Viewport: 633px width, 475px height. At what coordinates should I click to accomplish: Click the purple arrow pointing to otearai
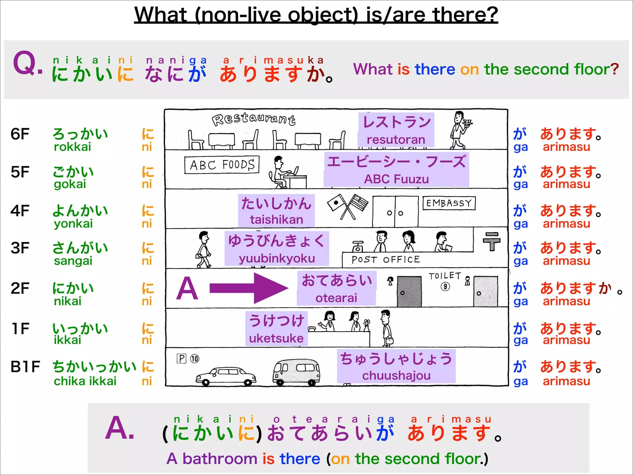tap(249, 288)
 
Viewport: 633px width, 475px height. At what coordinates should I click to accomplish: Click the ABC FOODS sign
tap(222, 165)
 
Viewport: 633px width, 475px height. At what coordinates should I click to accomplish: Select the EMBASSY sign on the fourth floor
tap(449, 203)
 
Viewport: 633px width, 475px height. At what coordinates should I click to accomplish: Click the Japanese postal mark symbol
tap(491, 242)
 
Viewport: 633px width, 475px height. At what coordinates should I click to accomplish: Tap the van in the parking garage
tap(296, 372)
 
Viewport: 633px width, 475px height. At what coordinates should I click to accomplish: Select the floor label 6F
tap(20, 134)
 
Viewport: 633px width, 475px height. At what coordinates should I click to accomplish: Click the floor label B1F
tap(25, 367)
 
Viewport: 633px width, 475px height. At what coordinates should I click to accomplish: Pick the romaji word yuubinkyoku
tap(277, 258)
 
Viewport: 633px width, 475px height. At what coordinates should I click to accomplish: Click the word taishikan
tap(277, 219)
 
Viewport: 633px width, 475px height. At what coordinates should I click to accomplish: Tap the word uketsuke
tap(276, 338)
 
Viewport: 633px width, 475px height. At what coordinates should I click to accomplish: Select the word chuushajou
tap(396, 375)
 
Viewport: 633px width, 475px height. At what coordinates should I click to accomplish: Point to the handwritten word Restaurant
tap(253, 119)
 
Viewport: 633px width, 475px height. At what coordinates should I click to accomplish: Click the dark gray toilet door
tap(409, 291)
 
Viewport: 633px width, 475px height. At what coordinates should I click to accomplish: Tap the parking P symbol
tap(181, 358)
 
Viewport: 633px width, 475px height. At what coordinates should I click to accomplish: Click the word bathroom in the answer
tap(220, 458)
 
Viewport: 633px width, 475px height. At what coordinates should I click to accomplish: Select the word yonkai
tap(73, 224)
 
